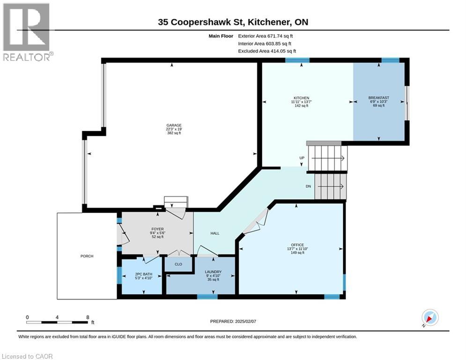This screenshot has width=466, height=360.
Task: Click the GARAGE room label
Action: click(x=174, y=125)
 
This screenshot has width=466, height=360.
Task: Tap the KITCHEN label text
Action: click(x=301, y=98)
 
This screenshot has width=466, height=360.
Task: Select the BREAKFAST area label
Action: click(x=378, y=97)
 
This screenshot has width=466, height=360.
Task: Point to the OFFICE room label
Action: click(x=297, y=245)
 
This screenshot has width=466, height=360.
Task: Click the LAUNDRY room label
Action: click(x=213, y=271)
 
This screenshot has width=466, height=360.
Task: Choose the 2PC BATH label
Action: click(x=143, y=274)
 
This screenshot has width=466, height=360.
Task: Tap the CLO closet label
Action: click(x=178, y=264)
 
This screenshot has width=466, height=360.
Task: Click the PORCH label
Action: click(x=87, y=256)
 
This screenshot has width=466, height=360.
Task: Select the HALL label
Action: click(x=215, y=233)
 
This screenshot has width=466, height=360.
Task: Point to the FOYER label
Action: click(x=157, y=229)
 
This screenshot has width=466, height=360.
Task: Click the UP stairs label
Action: click(x=302, y=157)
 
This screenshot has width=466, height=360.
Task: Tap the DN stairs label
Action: click(x=309, y=186)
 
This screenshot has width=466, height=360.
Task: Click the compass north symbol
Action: click(x=430, y=318)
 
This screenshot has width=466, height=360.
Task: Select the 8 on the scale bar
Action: click(x=88, y=317)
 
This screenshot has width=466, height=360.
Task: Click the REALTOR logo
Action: click(x=27, y=32)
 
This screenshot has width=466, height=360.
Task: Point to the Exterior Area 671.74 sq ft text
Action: click(x=266, y=36)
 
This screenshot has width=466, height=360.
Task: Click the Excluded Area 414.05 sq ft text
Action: click(x=267, y=51)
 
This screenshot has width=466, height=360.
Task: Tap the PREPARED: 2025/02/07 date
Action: click(x=233, y=321)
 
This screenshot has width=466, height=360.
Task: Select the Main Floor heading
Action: click(x=221, y=36)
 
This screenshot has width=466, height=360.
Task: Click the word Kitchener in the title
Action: click(x=269, y=22)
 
